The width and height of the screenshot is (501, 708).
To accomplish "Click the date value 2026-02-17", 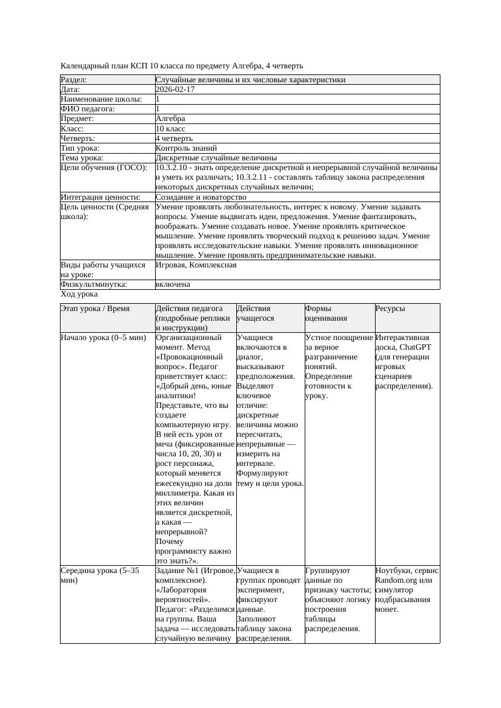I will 175,90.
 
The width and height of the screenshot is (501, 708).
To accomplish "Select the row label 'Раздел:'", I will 74,80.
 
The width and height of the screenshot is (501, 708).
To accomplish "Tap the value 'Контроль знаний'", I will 186,148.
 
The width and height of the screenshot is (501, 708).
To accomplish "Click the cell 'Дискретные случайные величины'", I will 216,158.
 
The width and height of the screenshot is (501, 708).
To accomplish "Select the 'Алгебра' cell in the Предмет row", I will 170,119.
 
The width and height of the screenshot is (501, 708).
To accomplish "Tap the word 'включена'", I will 173,284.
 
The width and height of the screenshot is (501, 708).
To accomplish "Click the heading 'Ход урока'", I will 79,294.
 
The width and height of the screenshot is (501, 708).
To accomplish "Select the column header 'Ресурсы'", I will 390,309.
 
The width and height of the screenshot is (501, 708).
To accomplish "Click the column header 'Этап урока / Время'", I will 95,309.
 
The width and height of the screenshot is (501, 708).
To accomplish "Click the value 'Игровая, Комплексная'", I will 196,265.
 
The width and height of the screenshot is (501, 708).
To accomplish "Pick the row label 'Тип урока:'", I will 80,148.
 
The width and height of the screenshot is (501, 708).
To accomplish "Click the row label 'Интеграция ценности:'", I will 101,197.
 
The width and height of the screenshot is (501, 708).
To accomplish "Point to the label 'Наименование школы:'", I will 102,99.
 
